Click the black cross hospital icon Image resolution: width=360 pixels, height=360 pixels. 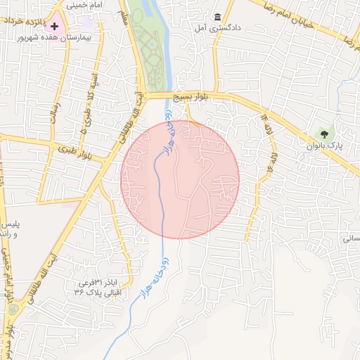[x=54, y=26]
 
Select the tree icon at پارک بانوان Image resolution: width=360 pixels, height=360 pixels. [x=324, y=132]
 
